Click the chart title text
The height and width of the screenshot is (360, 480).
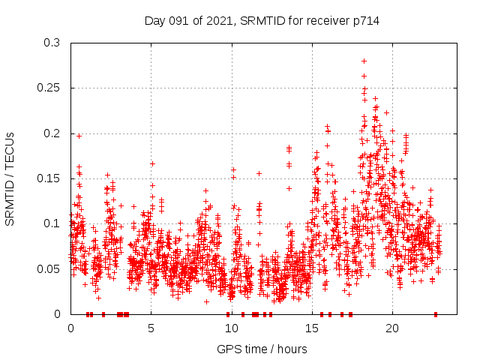[x=262, y=21]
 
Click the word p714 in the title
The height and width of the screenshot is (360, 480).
[x=366, y=21]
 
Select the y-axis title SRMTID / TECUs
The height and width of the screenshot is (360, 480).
[x=10, y=179]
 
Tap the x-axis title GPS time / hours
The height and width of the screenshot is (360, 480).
[x=262, y=349]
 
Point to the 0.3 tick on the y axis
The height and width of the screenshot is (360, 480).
[x=52, y=43]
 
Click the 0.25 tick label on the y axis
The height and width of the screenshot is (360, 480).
[x=49, y=88]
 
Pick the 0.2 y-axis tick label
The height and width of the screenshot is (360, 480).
[x=52, y=133]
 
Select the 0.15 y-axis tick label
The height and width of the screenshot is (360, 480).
[x=49, y=178]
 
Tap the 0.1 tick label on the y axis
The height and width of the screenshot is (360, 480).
[x=52, y=223]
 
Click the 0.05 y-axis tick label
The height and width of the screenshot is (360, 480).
[x=49, y=268]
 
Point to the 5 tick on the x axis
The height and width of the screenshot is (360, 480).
[x=151, y=328]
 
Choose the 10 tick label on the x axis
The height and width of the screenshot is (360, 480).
[x=232, y=328]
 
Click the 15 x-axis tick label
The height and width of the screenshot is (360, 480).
[x=312, y=328]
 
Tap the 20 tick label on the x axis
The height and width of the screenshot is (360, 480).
[x=392, y=328]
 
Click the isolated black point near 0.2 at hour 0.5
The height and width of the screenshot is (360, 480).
[x=79, y=136]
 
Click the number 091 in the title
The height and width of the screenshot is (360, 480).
[x=178, y=21]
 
